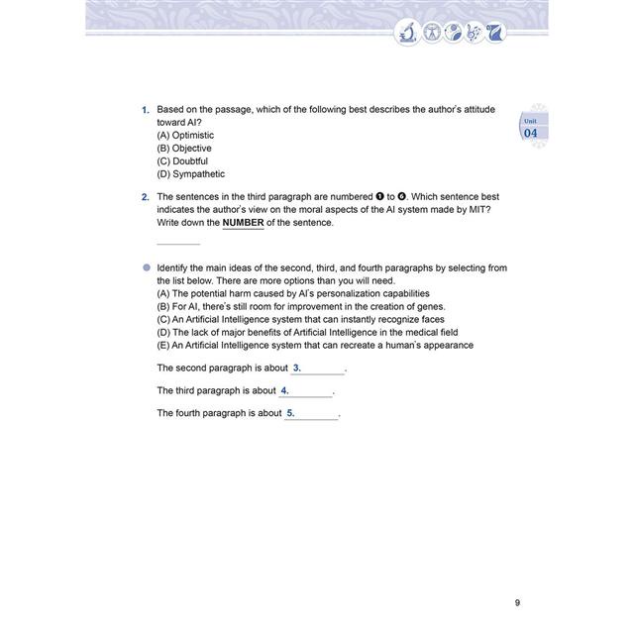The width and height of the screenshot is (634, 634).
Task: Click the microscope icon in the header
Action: pos(406,33)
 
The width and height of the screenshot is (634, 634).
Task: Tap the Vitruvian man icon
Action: pos(431,33)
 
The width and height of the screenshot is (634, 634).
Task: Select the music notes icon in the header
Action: pos(476,33)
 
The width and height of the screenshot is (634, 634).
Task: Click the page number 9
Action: pos(518,602)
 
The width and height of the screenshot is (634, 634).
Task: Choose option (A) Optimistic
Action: pos(185,135)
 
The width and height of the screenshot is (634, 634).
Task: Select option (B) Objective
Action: pos(184,148)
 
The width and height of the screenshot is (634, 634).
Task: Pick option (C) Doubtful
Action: pos(182,160)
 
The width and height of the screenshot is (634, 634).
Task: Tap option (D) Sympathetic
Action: pos(191,173)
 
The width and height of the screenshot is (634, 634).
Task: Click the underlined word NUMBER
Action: pos(244,223)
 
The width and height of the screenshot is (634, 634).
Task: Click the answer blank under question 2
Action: pos(178,241)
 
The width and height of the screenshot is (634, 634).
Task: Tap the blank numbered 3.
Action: pos(318,369)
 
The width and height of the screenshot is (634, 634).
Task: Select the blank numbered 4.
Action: pos(305,391)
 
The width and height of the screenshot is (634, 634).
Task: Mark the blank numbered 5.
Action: pos(311,414)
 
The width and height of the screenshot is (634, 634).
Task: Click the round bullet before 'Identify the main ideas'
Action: pos(147,267)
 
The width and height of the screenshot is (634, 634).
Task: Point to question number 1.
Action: pos(145,109)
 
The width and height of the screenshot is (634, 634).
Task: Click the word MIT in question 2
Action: pos(479,210)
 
